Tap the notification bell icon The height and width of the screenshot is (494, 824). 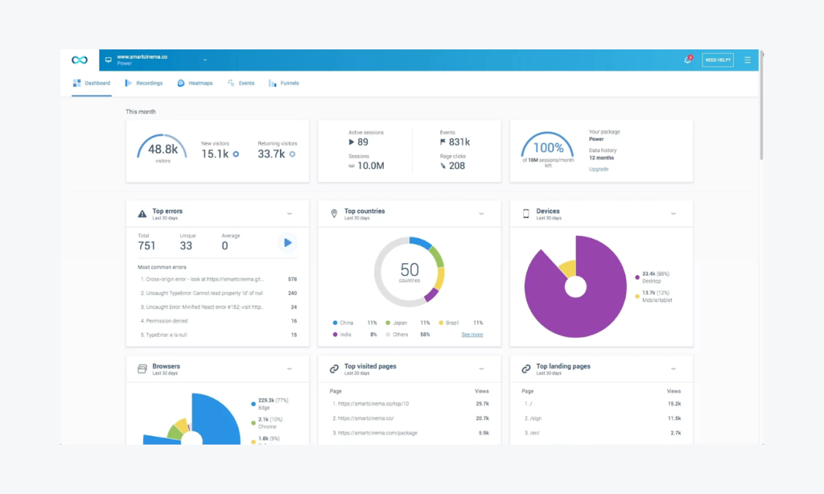(x=687, y=60)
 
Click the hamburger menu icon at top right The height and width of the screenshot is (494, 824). (x=747, y=60)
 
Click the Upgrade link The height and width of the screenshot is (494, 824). (x=598, y=169)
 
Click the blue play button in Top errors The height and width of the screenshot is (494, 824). (x=287, y=242)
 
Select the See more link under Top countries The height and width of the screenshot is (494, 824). (x=472, y=334)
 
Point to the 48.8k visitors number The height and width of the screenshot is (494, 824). (x=163, y=149)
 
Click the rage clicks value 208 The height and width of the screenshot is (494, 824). (x=457, y=165)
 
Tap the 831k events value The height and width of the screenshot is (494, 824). (x=459, y=142)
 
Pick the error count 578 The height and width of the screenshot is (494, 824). (x=293, y=279)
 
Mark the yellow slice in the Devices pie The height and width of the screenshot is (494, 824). (x=567, y=268)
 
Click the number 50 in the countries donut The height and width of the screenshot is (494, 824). (x=409, y=270)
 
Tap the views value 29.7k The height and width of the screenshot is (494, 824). (x=482, y=403)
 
